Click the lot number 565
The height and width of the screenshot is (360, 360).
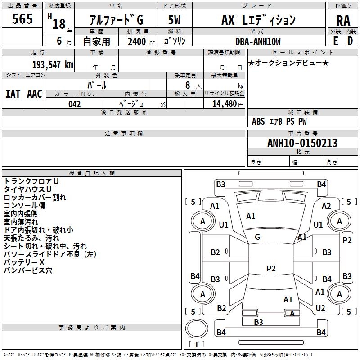click(x=22, y=19)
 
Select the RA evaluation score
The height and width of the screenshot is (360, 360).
click(x=342, y=21)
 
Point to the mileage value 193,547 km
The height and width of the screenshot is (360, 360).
click(x=52, y=64)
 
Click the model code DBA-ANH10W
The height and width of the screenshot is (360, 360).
click(x=257, y=41)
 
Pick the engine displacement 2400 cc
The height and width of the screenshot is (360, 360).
click(x=141, y=42)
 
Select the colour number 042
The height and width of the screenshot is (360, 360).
click(x=74, y=104)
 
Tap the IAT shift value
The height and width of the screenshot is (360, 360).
click(x=13, y=94)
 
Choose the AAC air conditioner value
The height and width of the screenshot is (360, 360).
click(x=34, y=94)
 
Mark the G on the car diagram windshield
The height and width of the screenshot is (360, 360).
click(x=257, y=237)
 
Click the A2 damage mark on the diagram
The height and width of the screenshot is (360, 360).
click(x=327, y=206)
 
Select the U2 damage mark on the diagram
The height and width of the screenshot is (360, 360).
click(x=320, y=308)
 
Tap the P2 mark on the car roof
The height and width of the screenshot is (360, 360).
click(x=270, y=268)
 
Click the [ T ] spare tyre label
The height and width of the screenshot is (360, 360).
click(x=197, y=344)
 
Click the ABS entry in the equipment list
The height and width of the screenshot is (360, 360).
click(x=258, y=121)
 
